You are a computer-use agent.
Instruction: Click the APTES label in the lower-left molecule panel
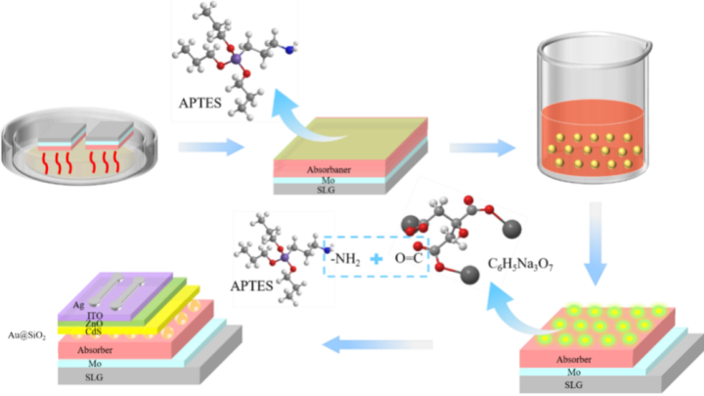252,287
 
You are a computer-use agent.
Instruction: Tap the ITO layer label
96,315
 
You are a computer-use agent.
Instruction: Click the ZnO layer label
95,323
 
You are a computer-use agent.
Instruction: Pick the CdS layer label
94,330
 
